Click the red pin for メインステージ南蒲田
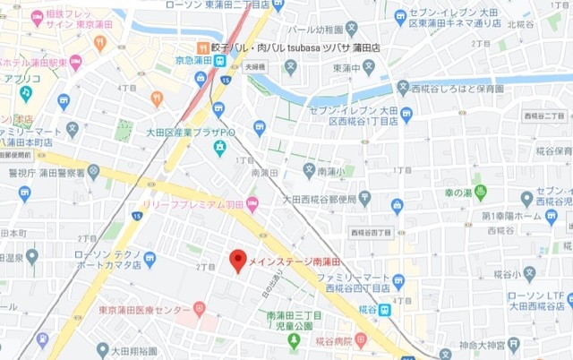237,260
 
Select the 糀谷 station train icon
383,309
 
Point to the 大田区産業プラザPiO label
191,133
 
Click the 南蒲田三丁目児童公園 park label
293,321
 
